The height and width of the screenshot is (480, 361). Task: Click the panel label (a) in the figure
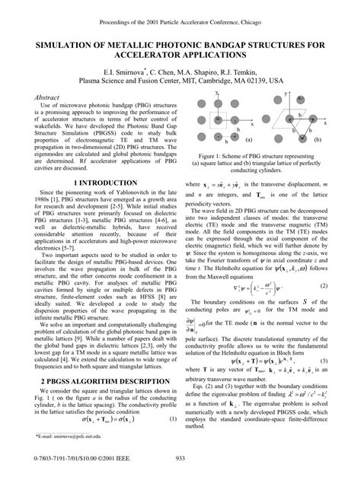coord(248,140)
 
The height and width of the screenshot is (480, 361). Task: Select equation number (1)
coord(173,399)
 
